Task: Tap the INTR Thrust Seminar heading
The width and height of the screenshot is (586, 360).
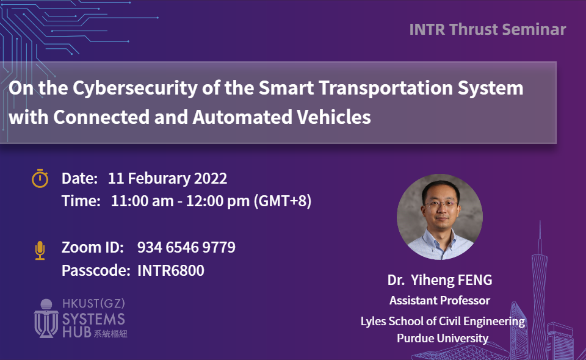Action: tap(488, 29)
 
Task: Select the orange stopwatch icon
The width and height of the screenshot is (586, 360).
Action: tap(40, 178)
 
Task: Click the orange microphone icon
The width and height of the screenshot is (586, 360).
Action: tap(40, 250)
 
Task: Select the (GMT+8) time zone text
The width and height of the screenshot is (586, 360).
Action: tap(283, 201)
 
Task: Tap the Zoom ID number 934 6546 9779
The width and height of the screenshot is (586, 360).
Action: tap(186, 247)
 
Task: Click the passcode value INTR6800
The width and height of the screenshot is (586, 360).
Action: tap(171, 270)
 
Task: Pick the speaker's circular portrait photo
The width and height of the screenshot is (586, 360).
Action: tap(440, 217)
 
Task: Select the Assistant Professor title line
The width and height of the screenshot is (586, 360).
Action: tap(440, 300)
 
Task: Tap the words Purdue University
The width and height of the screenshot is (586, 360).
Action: tap(443, 339)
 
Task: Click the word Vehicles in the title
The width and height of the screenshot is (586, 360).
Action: tap(334, 117)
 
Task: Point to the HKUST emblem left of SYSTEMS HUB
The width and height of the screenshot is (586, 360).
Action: tap(46, 318)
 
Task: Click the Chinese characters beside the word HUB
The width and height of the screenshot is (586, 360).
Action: tap(110, 334)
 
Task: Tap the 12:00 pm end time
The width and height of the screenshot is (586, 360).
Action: tap(217, 201)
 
